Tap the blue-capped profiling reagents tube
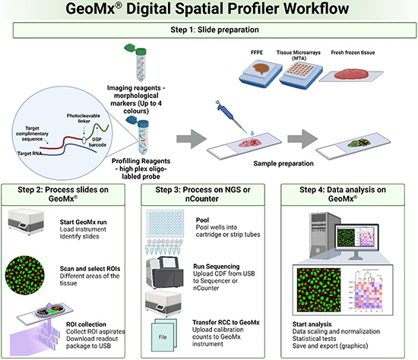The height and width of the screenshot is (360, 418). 140,136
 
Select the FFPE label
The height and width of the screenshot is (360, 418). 257,52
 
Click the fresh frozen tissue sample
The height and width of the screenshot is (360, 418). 351,74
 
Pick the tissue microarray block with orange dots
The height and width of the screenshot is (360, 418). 301,73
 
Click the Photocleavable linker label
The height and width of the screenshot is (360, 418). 84,118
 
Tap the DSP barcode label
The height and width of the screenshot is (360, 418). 97,142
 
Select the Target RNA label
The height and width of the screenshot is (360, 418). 30,153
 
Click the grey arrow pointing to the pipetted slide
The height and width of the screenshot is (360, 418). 191,138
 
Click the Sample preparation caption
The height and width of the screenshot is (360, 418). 283,163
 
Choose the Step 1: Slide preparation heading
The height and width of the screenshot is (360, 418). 214,30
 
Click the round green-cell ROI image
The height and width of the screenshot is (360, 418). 25,275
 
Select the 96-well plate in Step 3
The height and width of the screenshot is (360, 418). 165,223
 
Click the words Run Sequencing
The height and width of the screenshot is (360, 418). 217,267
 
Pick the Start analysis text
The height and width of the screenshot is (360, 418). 312,324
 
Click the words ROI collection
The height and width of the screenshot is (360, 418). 86,324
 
